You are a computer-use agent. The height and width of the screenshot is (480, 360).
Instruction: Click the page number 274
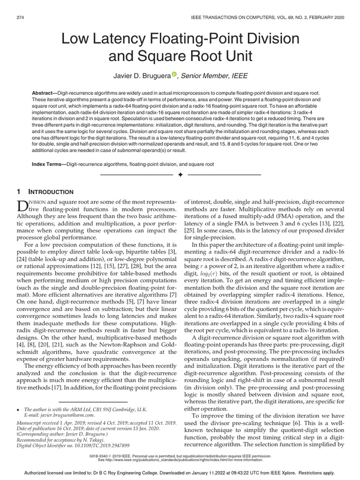coord(21,17)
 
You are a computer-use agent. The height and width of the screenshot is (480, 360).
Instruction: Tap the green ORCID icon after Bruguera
coord(174,74)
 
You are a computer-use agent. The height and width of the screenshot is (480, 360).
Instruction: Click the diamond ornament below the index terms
coord(180,175)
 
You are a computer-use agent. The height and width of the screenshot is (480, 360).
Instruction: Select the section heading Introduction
coord(52,192)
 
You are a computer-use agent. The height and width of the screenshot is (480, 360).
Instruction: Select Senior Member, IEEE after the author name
coord(214,75)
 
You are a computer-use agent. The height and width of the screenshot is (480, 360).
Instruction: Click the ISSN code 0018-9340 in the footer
coord(105,455)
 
